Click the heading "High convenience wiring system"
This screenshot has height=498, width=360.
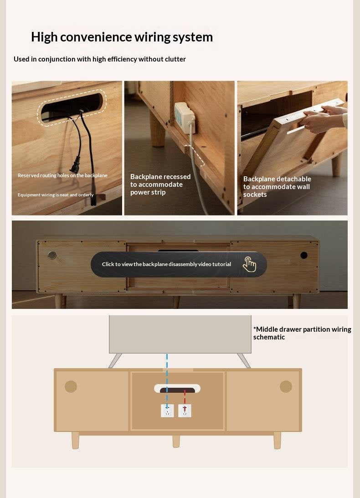pos(122,37)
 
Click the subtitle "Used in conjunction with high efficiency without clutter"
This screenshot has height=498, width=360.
pos(99,59)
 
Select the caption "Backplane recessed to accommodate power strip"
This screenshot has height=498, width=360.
pos(160,185)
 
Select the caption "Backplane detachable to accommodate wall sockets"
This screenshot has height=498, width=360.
pos(277,187)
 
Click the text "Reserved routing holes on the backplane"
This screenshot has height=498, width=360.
pos(62,175)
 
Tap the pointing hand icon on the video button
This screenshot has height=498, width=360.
pos(249,264)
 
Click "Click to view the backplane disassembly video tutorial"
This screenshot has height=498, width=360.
pos(166,264)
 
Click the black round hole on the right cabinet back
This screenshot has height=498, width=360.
pos(304,255)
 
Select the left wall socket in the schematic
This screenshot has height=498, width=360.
pos(167,411)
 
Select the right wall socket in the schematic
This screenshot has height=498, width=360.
pos(185,411)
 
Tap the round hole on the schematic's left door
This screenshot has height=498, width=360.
pos(71,386)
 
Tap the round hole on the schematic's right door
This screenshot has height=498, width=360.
pos(286,386)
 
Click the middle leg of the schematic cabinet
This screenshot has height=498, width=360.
pos(176,441)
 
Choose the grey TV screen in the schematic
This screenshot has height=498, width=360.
pos(180,334)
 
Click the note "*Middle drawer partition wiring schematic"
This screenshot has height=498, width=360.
pos(302,333)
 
